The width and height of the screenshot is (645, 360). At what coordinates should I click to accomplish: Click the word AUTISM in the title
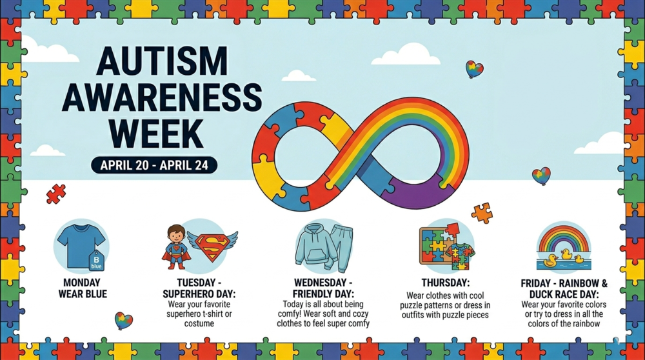(x=161, y=62)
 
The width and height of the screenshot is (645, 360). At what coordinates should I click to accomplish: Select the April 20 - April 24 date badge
(x=154, y=165)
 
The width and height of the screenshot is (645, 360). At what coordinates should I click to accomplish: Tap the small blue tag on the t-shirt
(x=95, y=260)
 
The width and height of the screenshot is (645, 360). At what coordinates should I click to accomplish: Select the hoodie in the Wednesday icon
(x=313, y=245)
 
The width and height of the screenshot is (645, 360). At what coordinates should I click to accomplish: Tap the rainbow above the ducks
(x=563, y=238)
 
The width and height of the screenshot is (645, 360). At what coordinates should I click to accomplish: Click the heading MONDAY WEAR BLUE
(x=81, y=288)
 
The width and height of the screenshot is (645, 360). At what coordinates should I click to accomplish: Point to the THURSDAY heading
(x=445, y=283)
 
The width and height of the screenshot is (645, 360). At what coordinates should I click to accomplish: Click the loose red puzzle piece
(x=56, y=194)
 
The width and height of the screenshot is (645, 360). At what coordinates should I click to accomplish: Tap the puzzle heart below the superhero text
(x=123, y=320)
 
